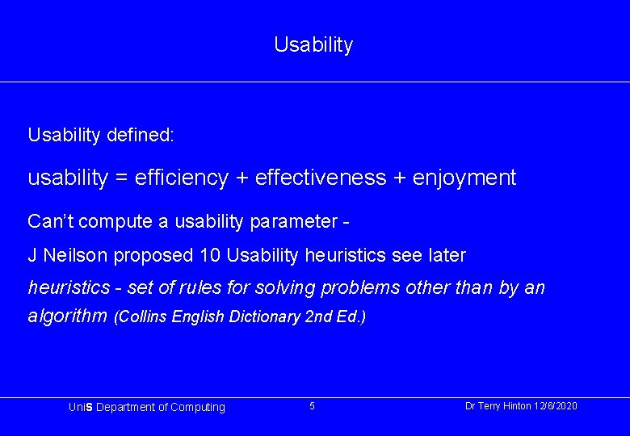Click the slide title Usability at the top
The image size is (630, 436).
(x=313, y=44)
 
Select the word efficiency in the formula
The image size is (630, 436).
(x=182, y=178)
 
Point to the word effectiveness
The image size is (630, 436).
(x=321, y=178)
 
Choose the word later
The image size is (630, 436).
(x=447, y=256)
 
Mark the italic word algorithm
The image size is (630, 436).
(x=67, y=316)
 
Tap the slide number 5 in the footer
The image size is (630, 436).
(x=313, y=406)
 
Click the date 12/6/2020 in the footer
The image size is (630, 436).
(x=555, y=406)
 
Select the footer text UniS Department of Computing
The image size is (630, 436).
(x=147, y=408)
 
